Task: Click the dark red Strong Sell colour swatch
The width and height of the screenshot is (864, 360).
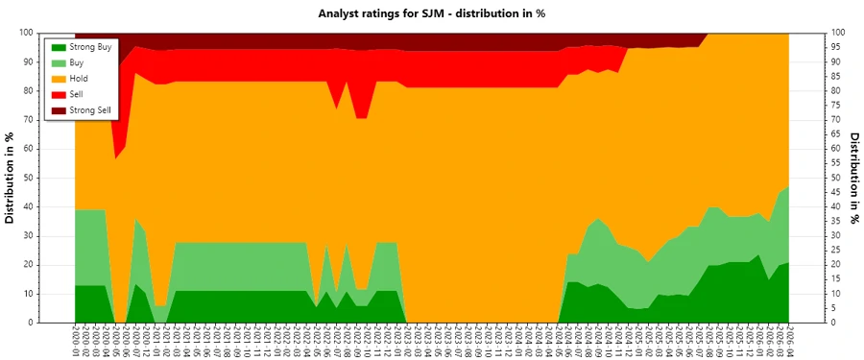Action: click(x=58, y=110)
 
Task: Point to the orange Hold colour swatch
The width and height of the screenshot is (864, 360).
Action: click(x=58, y=79)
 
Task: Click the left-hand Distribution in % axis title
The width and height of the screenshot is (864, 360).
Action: click(x=11, y=178)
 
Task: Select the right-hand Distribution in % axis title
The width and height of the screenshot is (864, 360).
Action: click(x=853, y=178)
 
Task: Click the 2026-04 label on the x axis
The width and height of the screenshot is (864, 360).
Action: click(x=788, y=341)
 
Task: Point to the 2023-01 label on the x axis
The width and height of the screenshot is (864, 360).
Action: click(x=395, y=341)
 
